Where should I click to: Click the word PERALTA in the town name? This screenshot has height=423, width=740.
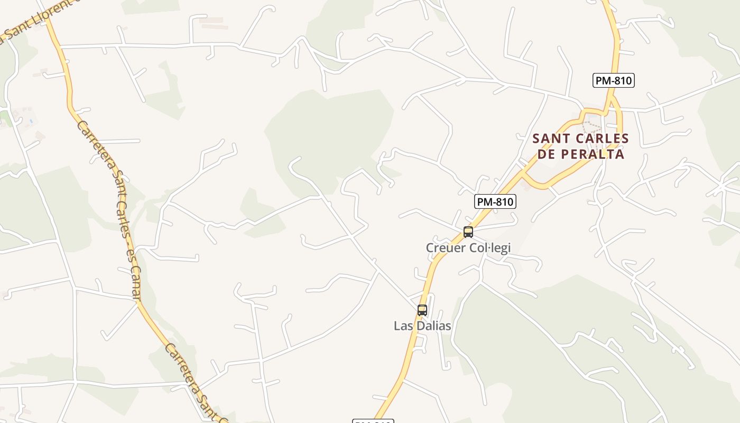[592, 154]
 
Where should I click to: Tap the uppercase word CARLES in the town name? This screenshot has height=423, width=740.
[600, 139]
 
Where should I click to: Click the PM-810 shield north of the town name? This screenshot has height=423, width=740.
[613, 80]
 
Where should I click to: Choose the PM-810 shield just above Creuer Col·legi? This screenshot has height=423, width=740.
[495, 201]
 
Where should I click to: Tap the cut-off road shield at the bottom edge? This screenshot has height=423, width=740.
[373, 421]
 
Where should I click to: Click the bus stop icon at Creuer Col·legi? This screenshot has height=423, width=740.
[468, 232]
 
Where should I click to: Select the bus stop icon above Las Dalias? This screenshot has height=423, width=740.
[422, 310]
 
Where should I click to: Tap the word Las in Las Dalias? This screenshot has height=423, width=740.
[403, 326]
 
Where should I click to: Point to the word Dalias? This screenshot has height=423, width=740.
[433, 326]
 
